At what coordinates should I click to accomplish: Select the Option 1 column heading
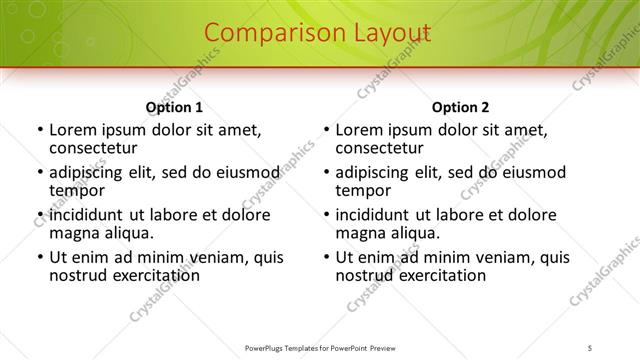click(x=174, y=107)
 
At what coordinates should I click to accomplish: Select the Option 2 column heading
click(x=460, y=107)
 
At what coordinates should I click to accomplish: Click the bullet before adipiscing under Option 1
click(x=39, y=173)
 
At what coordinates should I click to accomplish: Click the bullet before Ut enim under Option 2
click(x=326, y=258)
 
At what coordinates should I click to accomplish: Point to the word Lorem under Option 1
click(x=73, y=130)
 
